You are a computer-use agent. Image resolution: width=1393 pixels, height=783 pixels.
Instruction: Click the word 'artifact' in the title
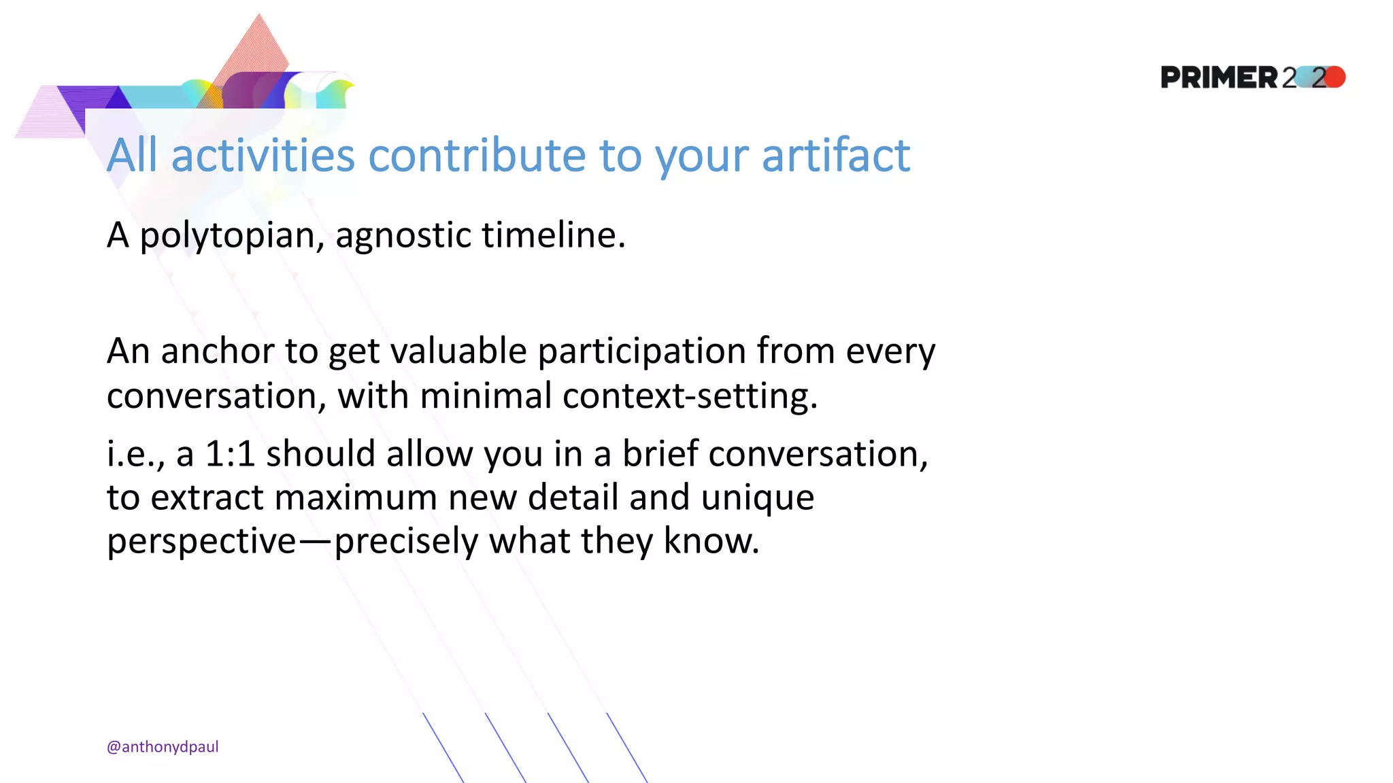[835, 156]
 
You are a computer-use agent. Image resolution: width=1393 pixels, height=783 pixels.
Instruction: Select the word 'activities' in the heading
[263, 156]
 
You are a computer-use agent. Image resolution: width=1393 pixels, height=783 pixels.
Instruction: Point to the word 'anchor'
[217, 351]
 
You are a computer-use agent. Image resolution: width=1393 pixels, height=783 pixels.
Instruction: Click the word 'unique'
[757, 497]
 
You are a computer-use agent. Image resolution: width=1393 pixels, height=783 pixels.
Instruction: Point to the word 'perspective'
[201, 542]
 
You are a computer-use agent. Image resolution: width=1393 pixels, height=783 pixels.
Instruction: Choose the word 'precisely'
[406, 542]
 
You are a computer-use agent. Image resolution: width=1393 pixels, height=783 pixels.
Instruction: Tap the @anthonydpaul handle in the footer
[163, 746]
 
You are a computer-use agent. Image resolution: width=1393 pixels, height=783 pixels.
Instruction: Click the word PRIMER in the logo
[1219, 77]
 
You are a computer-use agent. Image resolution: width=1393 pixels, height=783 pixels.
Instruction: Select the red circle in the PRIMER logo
[1335, 77]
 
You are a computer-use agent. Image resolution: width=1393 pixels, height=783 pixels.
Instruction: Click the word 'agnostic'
[403, 236]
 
